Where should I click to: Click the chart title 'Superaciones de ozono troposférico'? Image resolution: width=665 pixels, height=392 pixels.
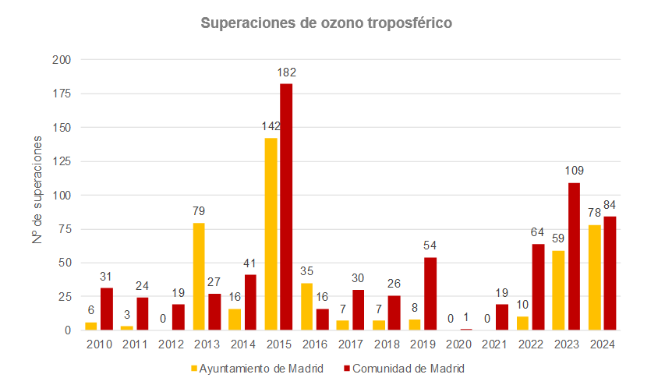[x=327, y=23]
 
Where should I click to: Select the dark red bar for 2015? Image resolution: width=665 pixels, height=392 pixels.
[x=286, y=207]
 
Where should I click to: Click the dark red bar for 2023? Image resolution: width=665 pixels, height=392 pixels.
[x=574, y=256]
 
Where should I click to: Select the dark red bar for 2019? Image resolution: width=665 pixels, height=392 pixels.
[x=430, y=294]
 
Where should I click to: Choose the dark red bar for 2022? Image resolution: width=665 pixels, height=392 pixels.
[x=538, y=287]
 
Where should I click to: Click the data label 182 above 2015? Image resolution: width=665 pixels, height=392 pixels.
[x=287, y=72]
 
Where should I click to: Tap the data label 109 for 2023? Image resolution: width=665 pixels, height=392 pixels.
[x=575, y=171]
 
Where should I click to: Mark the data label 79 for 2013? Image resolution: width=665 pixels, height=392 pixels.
[x=200, y=211]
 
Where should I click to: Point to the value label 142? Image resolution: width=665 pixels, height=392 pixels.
[x=271, y=125]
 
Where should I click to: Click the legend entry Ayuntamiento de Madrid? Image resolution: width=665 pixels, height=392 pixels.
[x=257, y=368]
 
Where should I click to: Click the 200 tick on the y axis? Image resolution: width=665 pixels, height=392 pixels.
[x=62, y=60]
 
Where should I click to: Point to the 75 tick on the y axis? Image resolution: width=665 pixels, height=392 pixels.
[x=65, y=229]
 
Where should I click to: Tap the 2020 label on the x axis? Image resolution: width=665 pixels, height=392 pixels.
[x=459, y=343]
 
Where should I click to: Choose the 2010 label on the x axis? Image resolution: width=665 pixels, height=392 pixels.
[x=99, y=343]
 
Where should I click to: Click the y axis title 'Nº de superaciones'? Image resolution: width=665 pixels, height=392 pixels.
[x=37, y=195]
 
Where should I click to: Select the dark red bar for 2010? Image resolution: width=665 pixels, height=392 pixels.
[x=107, y=309]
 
